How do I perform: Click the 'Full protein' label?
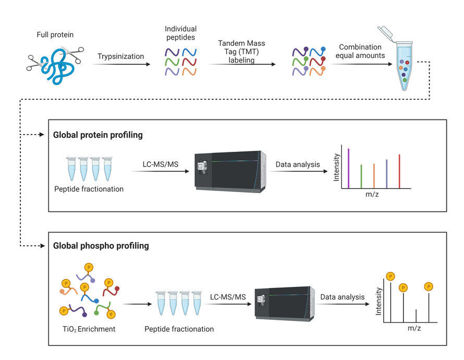coord(55,35)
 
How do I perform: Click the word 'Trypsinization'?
coord(120,56)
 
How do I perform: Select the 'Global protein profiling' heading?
coord(98,135)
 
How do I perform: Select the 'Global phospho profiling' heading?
coord(101,245)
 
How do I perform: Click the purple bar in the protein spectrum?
coord(348,166)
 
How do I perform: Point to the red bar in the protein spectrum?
coord(399,170)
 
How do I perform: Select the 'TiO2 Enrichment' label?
coord(88,329)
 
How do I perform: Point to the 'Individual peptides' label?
coord(181,33)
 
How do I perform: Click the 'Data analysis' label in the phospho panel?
coord(343,297)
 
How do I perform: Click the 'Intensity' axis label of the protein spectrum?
coord(336,167)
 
